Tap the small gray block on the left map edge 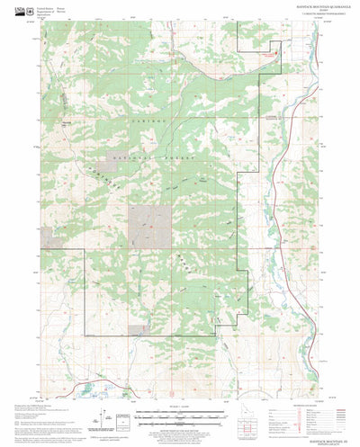coord(46,238)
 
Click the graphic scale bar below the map coord(176,416)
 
